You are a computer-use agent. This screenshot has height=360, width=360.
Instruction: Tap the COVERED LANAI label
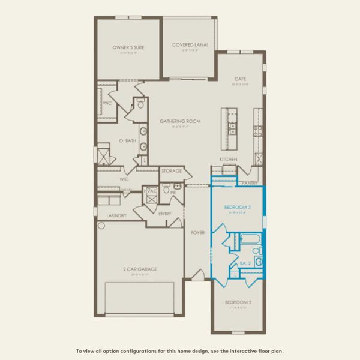coord(190,44)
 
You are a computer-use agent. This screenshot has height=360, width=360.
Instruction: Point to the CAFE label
coord(239,79)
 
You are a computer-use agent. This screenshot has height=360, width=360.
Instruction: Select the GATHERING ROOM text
coord(180,121)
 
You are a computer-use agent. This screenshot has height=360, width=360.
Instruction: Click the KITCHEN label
coord(228,159)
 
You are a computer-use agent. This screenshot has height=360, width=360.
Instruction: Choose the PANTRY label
coord(249,183)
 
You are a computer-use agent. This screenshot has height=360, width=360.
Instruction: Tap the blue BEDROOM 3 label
coord(238,207)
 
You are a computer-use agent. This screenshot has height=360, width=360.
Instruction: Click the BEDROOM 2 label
coord(238,302)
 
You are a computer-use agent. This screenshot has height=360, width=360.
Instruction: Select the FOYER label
coord(197,232)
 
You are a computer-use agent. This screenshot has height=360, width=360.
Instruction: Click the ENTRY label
coord(165,214)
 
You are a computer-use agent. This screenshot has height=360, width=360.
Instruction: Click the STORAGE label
coord(172,171)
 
